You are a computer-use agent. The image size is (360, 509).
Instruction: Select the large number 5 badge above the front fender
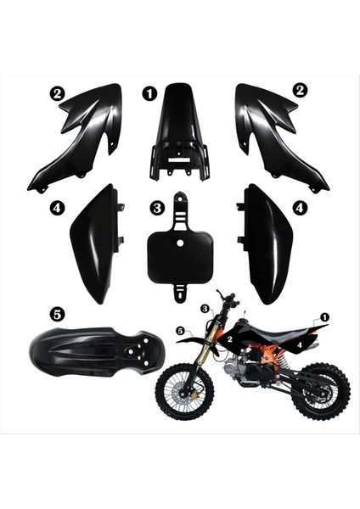tap(57, 313)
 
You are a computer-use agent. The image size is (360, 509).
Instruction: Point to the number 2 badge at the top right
tap(300, 89)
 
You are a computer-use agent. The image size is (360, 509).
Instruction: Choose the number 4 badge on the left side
tap(56, 206)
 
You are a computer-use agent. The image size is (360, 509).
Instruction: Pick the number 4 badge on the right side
tap(300, 206)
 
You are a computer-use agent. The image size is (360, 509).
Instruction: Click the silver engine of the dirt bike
tap(256, 373)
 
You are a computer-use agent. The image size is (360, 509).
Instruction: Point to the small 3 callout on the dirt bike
tap(205, 309)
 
